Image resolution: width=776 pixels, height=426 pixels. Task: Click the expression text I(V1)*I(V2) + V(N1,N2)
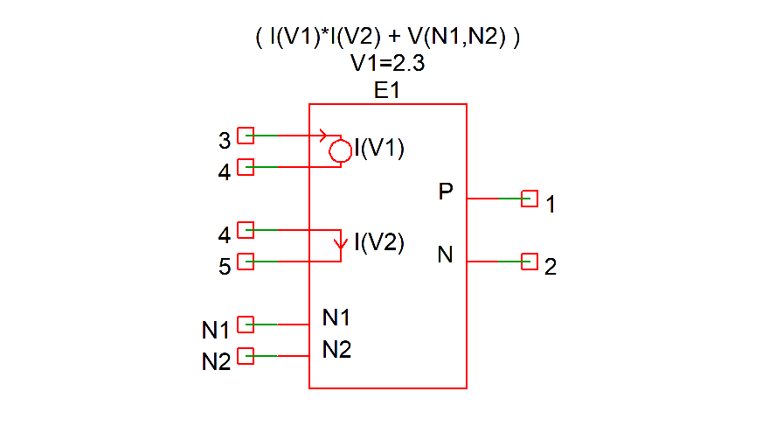tap(387, 38)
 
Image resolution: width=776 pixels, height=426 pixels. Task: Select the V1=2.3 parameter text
tap(387, 63)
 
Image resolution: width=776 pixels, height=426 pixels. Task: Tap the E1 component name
tap(387, 89)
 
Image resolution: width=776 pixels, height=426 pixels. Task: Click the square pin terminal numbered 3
tap(246, 136)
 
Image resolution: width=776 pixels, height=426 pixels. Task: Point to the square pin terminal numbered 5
tap(246, 261)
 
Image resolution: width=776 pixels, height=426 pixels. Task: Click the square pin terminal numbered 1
tap(529, 199)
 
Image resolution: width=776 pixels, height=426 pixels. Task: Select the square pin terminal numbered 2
tap(529, 261)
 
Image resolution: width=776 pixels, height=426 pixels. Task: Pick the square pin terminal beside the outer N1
tap(246, 325)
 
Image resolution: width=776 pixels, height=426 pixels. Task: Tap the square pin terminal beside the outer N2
tap(246, 356)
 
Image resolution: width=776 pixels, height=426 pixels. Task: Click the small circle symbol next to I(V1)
tap(340, 152)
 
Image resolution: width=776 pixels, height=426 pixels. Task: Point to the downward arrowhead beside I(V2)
tap(341, 241)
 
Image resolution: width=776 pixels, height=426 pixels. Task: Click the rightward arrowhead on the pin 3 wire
tap(324, 136)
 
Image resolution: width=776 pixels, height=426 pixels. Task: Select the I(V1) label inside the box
tap(378, 148)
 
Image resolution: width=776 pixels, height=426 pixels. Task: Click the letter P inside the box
tap(446, 192)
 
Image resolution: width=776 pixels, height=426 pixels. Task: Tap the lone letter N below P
tap(446, 255)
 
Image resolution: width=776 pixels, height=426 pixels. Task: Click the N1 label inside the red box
tap(336, 318)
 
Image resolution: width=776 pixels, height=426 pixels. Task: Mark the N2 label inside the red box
tap(336, 350)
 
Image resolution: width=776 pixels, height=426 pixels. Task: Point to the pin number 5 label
tap(225, 267)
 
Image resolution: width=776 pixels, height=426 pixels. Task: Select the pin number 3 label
tap(225, 140)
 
